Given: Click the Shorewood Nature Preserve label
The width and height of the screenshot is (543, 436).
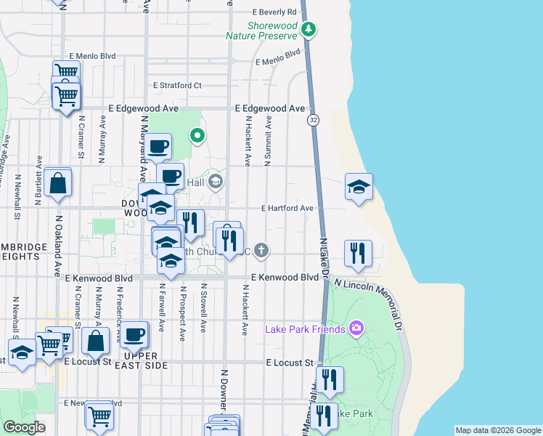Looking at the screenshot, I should point(261,30).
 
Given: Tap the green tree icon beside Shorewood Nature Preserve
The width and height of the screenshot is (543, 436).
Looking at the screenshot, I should point(310,29).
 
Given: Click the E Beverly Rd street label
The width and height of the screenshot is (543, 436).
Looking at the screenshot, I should point(274,12).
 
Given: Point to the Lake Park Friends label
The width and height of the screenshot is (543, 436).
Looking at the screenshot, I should point(305,329).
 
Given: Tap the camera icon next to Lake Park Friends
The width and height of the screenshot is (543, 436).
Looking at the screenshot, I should point(356,328).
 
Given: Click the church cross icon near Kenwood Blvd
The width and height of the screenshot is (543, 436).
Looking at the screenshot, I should point(261,251).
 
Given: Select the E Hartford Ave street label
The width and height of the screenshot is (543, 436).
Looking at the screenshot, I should point(287,209).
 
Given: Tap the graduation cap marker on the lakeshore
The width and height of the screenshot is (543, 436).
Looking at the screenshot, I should point(359,187).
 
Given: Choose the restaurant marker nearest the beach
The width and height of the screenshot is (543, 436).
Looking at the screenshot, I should point(357,254).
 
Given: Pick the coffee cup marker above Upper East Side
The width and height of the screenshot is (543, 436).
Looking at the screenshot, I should point(134,335).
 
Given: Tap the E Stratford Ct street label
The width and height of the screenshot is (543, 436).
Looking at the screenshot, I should point(176,86).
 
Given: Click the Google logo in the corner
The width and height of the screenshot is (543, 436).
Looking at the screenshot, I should point(24,427).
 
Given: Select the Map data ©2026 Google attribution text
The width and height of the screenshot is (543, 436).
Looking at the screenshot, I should point(497,430).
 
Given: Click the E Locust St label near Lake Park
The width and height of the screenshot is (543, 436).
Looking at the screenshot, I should point(289,362).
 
